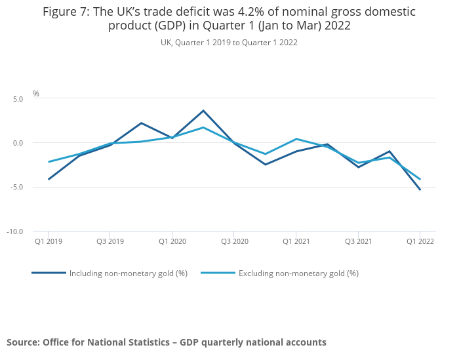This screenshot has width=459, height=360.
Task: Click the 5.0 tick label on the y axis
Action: [17, 99]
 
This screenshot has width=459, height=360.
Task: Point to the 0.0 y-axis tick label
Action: [17, 143]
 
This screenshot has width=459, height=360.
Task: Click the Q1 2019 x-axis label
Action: [48, 242]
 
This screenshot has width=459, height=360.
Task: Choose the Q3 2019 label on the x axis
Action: [110, 242]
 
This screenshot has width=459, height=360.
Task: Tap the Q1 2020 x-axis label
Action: [172, 242]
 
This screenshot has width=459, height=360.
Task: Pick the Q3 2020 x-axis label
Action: [234, 242]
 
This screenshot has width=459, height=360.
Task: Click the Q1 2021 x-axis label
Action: [296, 242]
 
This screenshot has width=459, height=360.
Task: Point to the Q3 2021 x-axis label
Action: [358, 242]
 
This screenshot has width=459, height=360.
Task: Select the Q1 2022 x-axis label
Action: [420, 242]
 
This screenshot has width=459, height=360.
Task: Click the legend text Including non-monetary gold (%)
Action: [129, 273]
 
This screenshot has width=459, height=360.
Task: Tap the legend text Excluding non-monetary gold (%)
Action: [298, 273]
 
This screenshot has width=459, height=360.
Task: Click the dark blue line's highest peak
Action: [203, 110]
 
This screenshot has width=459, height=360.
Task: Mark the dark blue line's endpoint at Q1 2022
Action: [420, 190]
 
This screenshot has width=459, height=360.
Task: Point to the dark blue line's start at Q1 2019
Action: [49, 179]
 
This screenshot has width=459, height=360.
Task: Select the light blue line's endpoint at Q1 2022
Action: [420, 179]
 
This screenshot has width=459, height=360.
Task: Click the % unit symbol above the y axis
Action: [36, 94]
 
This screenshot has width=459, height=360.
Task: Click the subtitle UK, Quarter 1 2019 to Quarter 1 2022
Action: [229, 43]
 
